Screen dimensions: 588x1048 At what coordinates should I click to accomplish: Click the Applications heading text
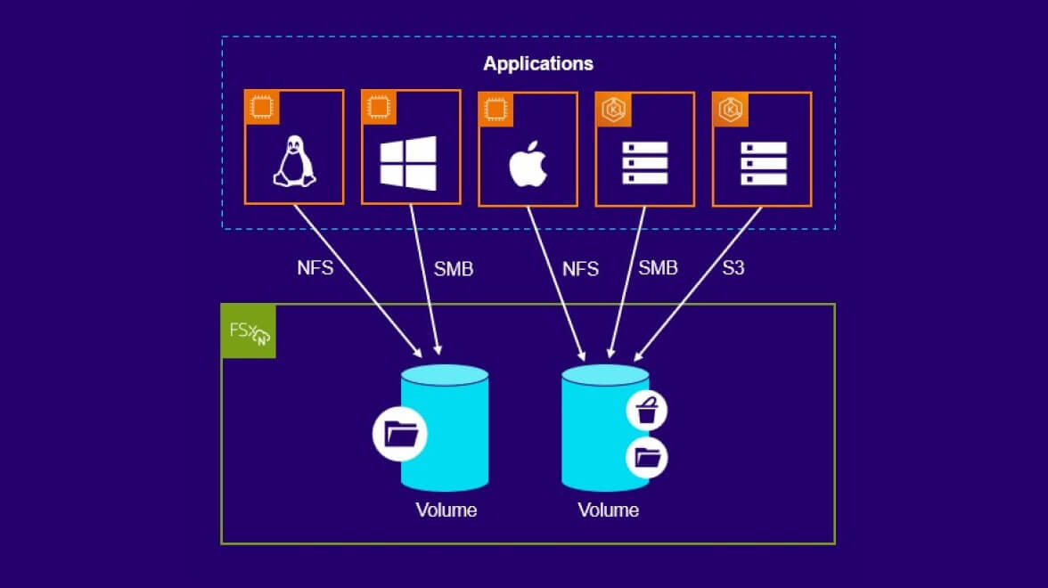(x=538, y=64)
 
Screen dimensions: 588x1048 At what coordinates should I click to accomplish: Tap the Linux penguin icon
(x=294, y=164)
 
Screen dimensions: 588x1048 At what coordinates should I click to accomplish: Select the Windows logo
(x=408, y=163)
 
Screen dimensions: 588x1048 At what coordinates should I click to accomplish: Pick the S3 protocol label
(x=733, y=267)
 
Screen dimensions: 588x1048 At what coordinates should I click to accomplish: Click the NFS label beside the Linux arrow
(x=315, y=267)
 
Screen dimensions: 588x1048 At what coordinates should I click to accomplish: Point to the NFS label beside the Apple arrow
(x=580, y=268)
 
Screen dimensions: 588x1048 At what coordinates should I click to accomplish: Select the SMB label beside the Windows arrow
(x=453, y=268)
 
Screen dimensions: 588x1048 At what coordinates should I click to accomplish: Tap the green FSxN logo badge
(x=249, y=331)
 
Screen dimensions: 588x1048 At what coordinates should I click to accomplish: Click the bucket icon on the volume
(x=647, y=412)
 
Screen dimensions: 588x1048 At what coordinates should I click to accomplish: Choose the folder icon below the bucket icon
(x=647, y=459)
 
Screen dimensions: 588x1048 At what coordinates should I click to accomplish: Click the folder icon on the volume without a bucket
(x=400, y=435)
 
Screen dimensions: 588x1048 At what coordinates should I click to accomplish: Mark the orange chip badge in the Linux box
(x=262, y=108)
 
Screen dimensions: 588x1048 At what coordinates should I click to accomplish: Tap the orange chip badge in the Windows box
(x=379, y=108)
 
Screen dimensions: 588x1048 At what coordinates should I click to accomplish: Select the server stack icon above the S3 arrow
(x=763, y=164)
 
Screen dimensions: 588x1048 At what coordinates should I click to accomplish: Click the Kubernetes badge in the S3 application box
(x=730, y=109)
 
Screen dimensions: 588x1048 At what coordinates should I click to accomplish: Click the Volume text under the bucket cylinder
(x=608, y=510)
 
